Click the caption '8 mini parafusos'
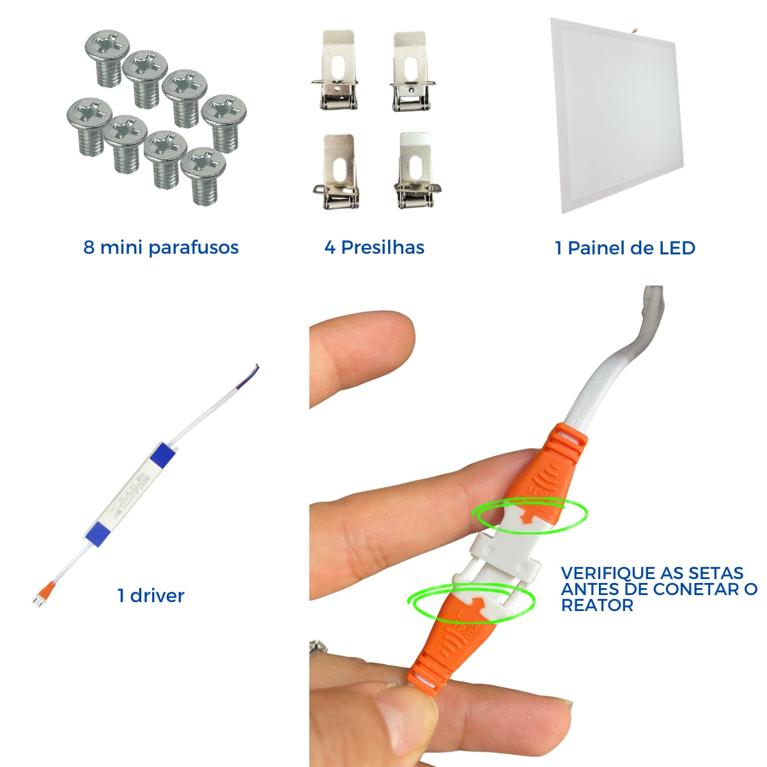pos(161,247)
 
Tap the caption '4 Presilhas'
pos(374,247)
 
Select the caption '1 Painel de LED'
pos(625,248)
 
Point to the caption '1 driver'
pos(151,596)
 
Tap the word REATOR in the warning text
pos(597,605)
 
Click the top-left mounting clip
pos(335,70)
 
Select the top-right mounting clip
pos(412,72)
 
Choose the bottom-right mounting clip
pos(417,171)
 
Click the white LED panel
pos(616,116)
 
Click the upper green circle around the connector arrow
pos(529,516)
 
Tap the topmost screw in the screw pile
pos(107,57)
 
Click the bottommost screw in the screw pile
pos(203,176)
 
